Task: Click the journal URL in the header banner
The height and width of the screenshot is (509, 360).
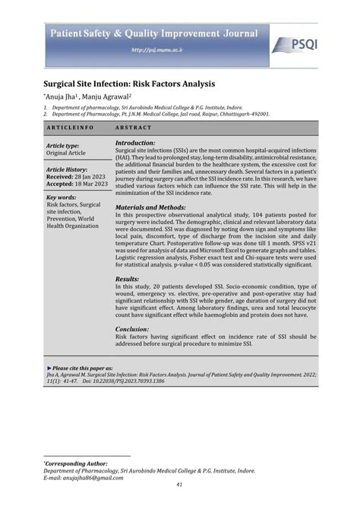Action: tap(153, 52)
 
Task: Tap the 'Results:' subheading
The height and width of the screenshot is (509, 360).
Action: tap(127, 280)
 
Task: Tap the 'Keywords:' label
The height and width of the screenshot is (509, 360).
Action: tap(61, 198)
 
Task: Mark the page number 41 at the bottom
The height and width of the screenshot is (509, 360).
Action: tap(180, 487)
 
